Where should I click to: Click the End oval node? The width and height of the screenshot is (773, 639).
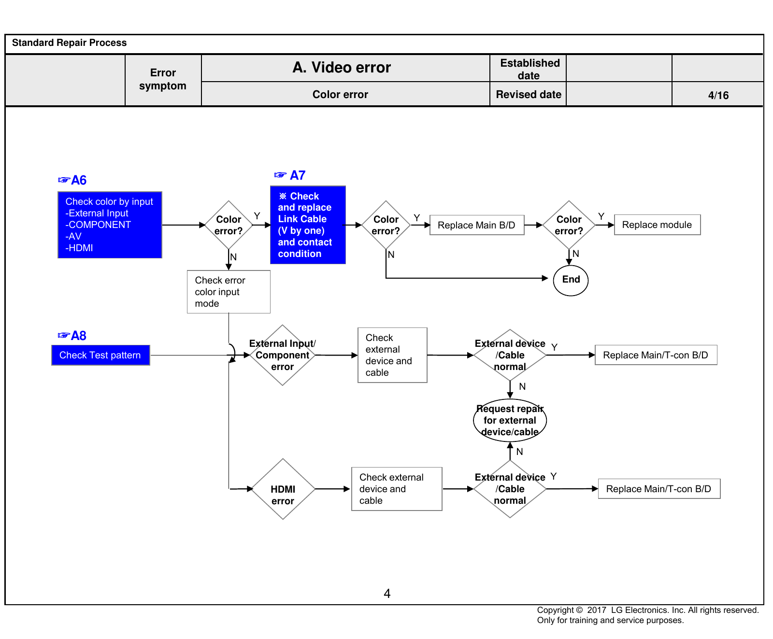[x=571, y=280]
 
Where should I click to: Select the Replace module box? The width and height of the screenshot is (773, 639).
[x=657, y=225]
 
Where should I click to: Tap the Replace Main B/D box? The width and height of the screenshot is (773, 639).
[x=477, y=225]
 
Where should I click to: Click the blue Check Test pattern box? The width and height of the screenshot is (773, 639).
[x=100, y=355]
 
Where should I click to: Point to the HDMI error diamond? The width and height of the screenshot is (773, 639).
[x=283, y=489]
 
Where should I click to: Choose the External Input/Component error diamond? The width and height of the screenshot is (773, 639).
[x=283, y=355]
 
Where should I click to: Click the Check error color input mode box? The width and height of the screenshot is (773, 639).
[x=229, y=292]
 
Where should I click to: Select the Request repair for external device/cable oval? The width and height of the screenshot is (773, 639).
[x=510, y=420]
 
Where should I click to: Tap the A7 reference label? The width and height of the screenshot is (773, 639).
[x=290, y=175]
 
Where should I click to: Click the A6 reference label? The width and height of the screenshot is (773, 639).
[x=72, y=180]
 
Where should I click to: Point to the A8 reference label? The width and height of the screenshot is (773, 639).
[x=72, y=336]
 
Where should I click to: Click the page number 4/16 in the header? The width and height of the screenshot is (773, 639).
[x=718, y=95]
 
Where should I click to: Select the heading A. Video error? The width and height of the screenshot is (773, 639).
[x=342, y=67]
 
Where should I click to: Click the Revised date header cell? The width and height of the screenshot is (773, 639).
[x=529, y=94]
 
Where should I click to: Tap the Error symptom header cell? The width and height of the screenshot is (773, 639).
[x=163, y=80]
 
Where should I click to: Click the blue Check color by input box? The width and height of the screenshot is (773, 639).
[x=110, y=225]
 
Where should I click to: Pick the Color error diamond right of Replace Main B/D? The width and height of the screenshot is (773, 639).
[x=569, y=225]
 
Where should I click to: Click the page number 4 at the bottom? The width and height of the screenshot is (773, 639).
[x=387, y=594]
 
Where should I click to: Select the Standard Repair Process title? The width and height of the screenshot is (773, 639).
[x=69, y=43]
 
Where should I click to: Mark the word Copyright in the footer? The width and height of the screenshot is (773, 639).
[x=556, y=611]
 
